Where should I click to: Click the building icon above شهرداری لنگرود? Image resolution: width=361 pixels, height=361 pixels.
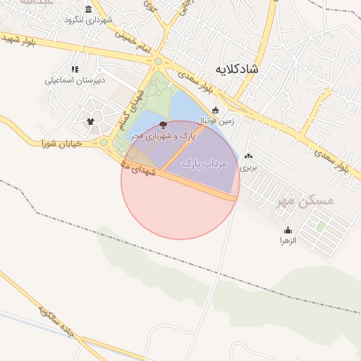pyautogui.click(x=88, y=9)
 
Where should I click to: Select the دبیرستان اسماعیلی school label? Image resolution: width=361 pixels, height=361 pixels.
pyautogui.click(x=75, y=80)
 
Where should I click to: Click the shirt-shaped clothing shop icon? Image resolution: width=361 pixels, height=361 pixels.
pyautogui.click(x=90, y=121)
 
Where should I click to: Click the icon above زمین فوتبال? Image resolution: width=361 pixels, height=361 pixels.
pyautogui.click(x=216, y=109)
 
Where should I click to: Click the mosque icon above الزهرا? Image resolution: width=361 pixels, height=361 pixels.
pyautogui.click(x=288, y=231)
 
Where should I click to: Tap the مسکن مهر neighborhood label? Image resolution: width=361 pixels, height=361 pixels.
pyautogui.click(x=305, y=202)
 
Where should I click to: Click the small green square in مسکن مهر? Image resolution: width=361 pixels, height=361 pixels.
pyautogui.click(x=322, y=226)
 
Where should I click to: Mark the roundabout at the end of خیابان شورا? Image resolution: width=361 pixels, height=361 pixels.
pyautogui.click(x=104, y=142)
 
